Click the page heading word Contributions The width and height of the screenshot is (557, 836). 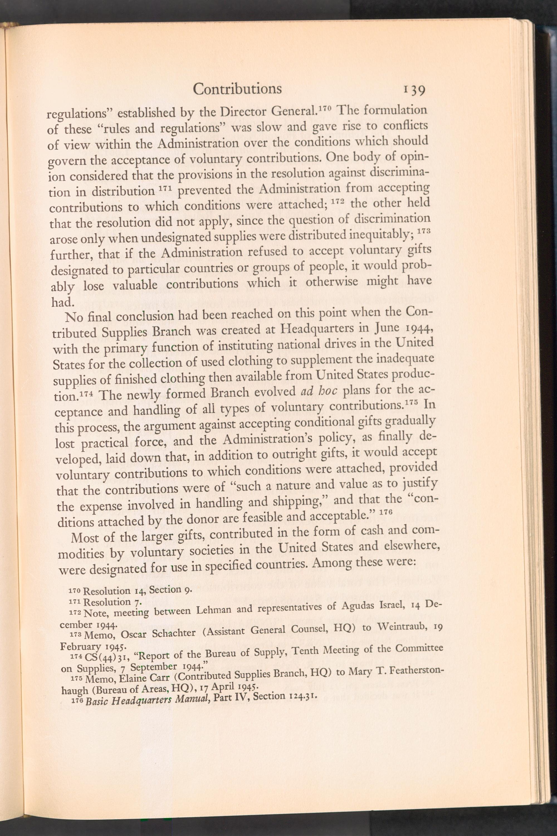237,89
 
